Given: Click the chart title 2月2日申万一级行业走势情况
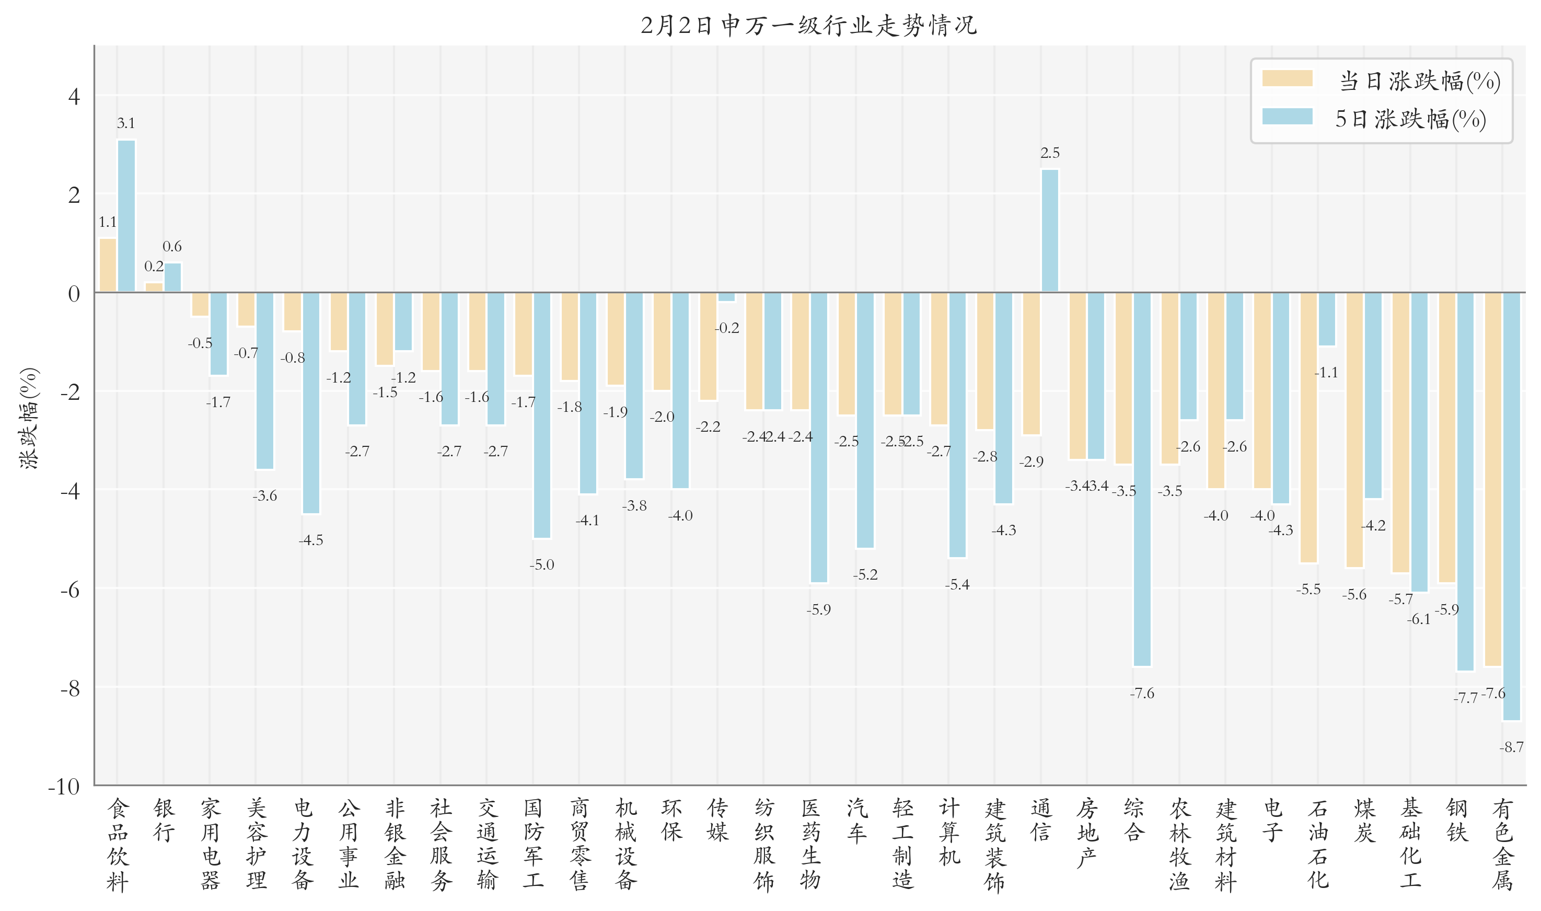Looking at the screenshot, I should (808, 25).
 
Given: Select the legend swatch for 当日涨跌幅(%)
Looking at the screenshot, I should (1287, 78).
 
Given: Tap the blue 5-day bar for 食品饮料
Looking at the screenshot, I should (126, 216).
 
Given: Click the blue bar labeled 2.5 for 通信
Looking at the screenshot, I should (1050, 231).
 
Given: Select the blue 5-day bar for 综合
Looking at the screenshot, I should (1142, 479).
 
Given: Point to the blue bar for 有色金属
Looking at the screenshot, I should (1512, 506).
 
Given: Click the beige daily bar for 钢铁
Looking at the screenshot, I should (1446, 437).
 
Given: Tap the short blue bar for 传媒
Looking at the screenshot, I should (727, 297).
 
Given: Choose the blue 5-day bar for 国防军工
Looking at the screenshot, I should (542, 415).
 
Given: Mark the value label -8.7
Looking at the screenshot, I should (1512, 747).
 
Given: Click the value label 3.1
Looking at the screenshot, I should (126, 123).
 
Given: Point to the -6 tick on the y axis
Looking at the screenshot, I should (71, 590).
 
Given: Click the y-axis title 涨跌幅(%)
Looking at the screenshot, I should (29, 419).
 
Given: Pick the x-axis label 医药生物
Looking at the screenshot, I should (810, 844).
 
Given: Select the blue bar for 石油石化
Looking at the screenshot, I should (1327, 319).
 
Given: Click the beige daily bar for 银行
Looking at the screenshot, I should (154, 287).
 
